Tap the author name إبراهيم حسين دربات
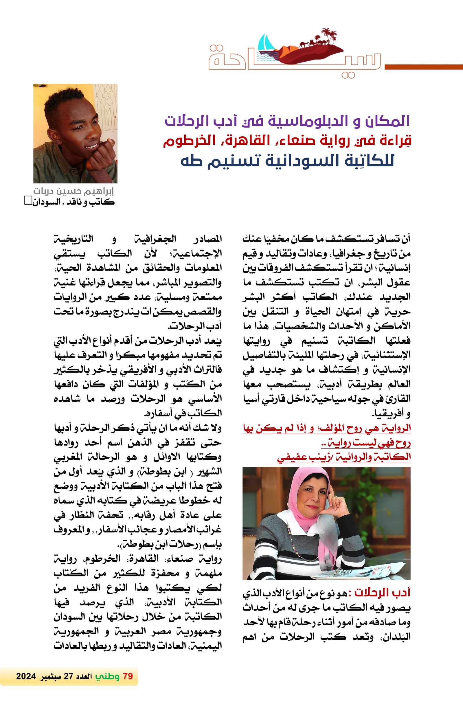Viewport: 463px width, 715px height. [74, 191]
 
